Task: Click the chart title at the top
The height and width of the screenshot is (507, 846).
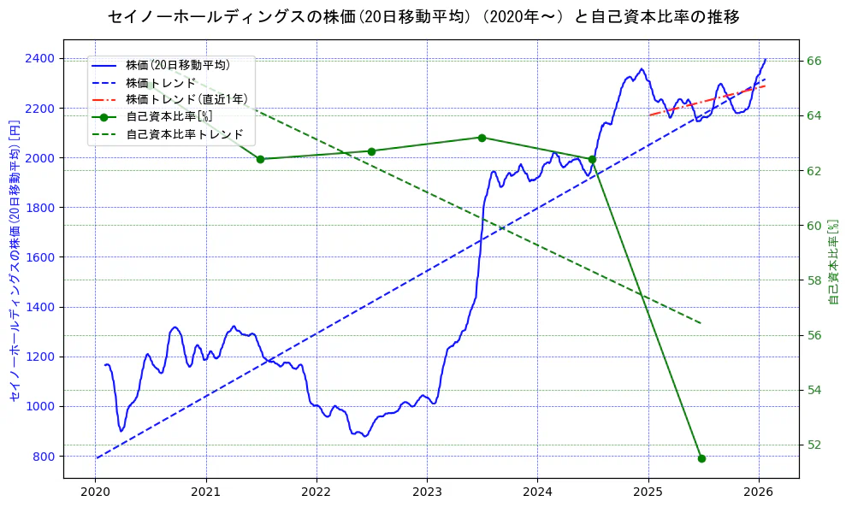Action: pyautogui.click(x=423, y=16)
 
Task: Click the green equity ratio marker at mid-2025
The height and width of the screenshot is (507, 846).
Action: pyautogui.click(x=701, y=458)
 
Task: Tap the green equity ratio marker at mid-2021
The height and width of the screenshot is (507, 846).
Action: pyautogui.click(x=260, y=159)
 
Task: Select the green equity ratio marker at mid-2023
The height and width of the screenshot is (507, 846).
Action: pyautogui.click(x=482, y=138)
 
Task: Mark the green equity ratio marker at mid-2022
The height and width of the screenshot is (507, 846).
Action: pyautogui.click(x=371, y=151)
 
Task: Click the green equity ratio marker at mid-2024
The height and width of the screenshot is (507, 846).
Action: pyautogui.click(x=592, y=159)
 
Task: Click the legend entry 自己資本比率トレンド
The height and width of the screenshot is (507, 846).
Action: pyautogui.click(x=185, y=134)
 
